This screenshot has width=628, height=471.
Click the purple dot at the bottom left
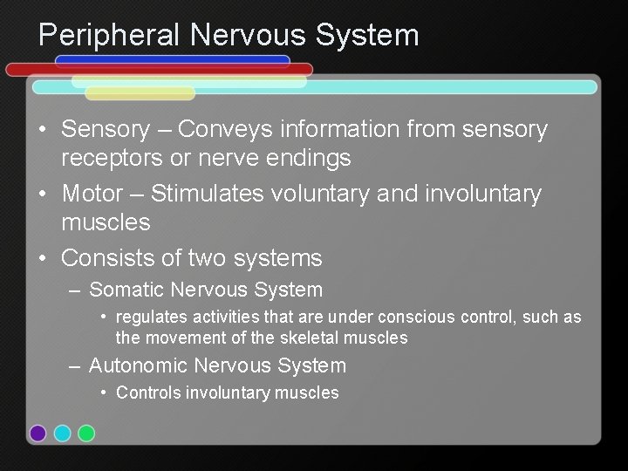(38, 433)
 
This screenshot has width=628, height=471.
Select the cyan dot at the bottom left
(62, 433)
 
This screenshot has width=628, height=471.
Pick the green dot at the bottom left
(86, 433)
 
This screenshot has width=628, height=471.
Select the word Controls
(148, 392)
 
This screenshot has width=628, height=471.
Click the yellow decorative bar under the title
(140, 93)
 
